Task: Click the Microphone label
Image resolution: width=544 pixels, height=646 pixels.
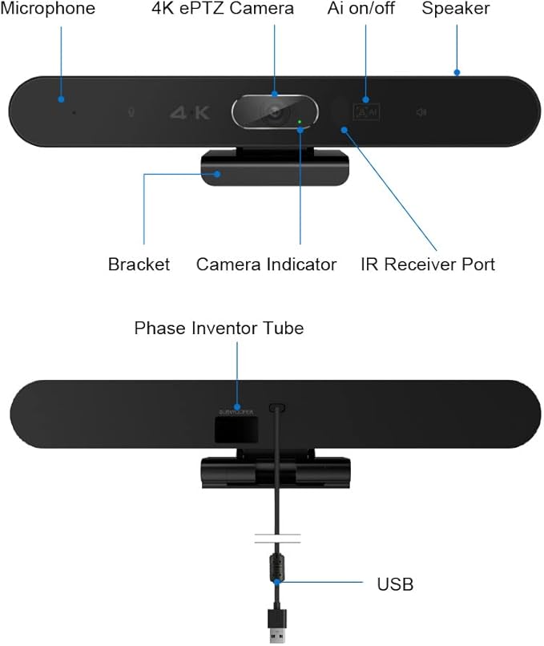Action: (48, 10)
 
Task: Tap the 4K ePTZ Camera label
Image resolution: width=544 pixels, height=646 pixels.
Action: (223, 10)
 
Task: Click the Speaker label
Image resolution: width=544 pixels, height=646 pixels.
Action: (456, 10)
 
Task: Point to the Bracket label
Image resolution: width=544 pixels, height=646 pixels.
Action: (139, 264)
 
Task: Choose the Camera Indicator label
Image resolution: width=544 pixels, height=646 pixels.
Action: (266, 264)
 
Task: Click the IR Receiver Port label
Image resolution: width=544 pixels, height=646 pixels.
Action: (428, 264)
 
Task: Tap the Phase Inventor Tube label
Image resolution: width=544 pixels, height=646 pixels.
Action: (219, 328)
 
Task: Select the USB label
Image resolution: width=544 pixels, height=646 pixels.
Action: (395, 584)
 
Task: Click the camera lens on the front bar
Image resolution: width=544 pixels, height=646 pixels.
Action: (276, 112)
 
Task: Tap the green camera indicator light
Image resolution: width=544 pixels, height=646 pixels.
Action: (300, 123)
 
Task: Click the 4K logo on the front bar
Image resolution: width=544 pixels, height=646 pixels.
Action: (190, 112)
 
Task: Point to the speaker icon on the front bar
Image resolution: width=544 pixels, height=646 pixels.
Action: (420, 112)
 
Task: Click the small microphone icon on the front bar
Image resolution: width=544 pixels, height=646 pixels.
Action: (131, 112)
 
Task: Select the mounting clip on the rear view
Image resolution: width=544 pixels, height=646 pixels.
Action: (274, 471)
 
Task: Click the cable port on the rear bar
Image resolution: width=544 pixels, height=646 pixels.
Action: (278, 407)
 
